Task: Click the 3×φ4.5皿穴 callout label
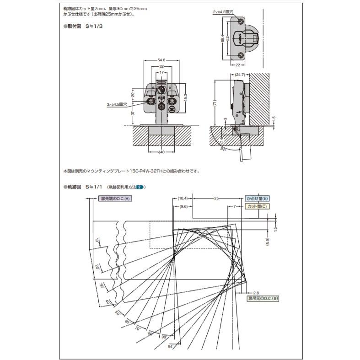click(116, 104)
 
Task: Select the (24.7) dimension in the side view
click(240, 74)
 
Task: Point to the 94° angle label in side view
click(223, 150)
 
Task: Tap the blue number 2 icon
click(141, 187)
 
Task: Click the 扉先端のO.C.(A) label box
click(115, 199)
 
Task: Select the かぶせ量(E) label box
click(258, 199)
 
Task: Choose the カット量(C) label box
click(257, 207)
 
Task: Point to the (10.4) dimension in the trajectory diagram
click(182, 199)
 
